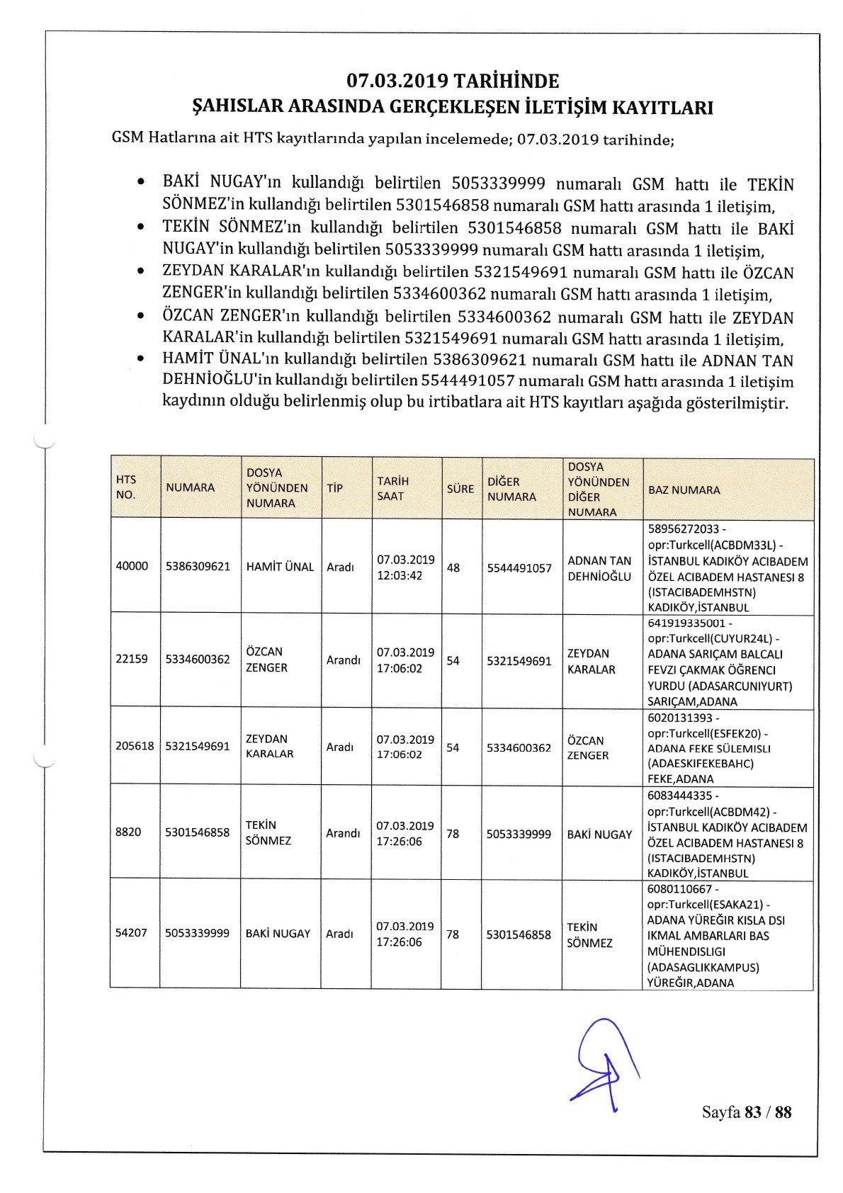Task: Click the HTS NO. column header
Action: [x=126, y=487]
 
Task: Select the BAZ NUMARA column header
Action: [x=683, y=490]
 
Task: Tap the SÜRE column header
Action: [x=460, y=488]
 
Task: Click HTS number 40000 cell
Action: [x=132, y=566]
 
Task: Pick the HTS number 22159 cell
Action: [x=132, y=659]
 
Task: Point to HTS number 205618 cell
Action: [x=135, y=746]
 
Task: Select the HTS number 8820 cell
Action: [x=128, y=832]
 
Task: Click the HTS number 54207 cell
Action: [x=131, y=933]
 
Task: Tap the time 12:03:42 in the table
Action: [x=400, y=575]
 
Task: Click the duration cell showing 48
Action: [x=453, y=567]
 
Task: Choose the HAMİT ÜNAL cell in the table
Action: [x=280, y=567]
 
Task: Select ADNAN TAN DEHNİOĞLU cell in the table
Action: [x=599, y=568]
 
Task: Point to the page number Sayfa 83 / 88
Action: [x=746, y=1112]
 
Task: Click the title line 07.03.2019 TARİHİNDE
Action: [x=453, y=81]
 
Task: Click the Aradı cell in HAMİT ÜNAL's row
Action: [x=340, y=567]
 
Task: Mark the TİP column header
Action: [x=334, y=488]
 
